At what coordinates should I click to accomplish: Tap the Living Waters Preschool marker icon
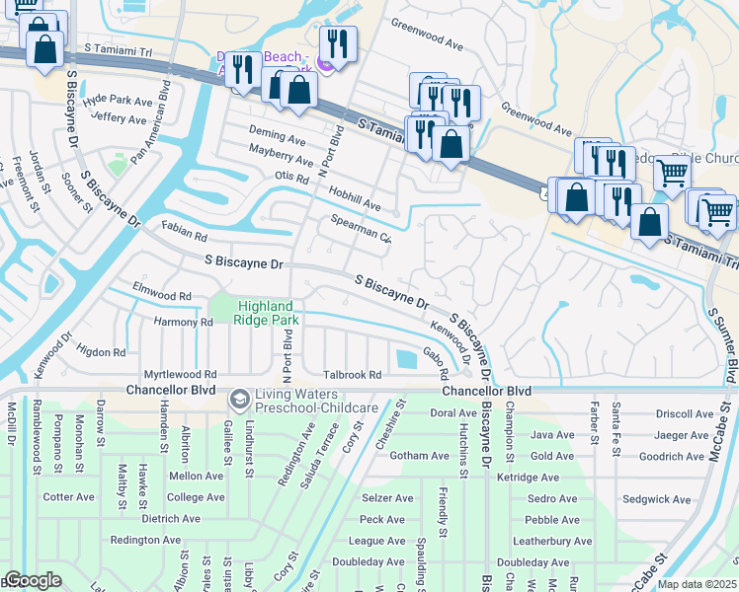point(238,400)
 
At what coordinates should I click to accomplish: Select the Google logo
point(33,580)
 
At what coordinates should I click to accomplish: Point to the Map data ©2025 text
point(698,584)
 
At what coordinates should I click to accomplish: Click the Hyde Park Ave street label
point(119,101)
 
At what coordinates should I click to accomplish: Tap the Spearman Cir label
point(362,230)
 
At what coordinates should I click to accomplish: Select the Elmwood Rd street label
point(162,296)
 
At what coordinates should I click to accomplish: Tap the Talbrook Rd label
point(352,375)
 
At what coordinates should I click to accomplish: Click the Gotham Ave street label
point(420,456)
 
